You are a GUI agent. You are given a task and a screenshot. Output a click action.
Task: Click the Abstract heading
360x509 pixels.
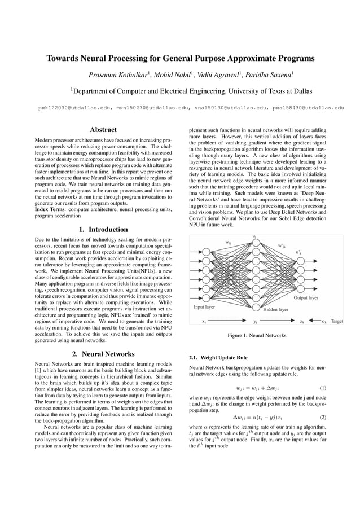(103, 129)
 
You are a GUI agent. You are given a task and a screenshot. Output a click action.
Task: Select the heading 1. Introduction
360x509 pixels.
(103, 229)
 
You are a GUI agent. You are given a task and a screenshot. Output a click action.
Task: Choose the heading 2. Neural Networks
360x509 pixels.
(103, 354)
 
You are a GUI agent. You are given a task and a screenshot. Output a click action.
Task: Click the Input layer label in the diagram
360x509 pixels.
(204, 308)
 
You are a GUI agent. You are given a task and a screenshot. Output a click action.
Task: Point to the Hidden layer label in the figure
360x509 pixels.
(275, 309)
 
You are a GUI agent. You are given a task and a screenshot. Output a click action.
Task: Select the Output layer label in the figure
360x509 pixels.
(306, 297)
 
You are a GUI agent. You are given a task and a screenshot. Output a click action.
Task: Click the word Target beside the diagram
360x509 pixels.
(336, 321)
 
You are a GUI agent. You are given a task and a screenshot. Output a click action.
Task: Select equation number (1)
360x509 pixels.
(323, 388)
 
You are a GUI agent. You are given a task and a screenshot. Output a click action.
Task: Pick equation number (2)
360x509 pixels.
(323, 418)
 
